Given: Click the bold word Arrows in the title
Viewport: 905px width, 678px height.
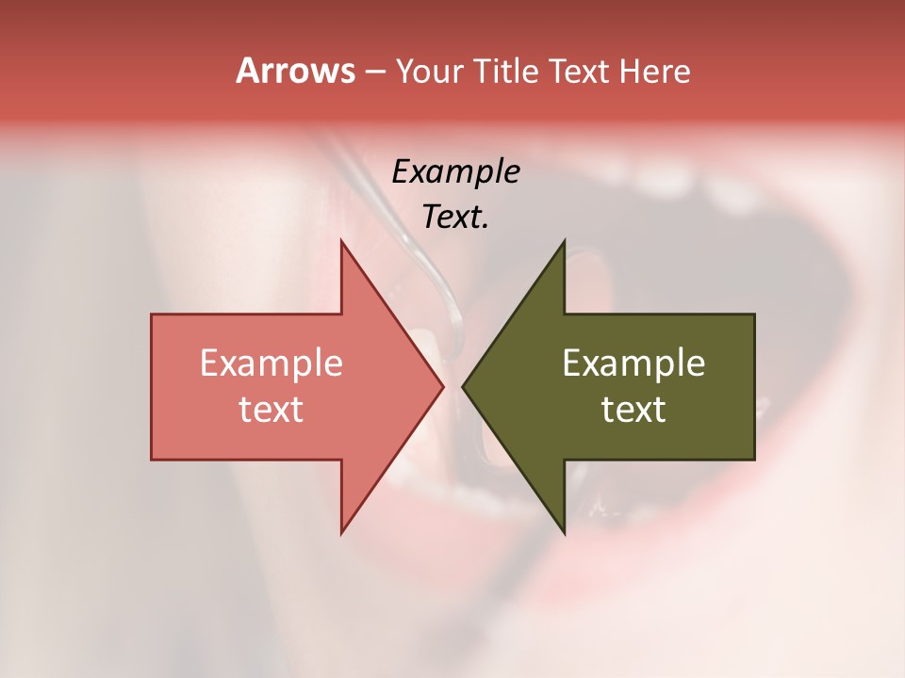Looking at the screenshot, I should click(x=295, y=71).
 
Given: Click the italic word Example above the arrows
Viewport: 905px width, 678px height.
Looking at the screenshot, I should click(x=455, y=172).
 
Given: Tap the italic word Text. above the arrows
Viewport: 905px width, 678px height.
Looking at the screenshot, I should click(x=455, y=218).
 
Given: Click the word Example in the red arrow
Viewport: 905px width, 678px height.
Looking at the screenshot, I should click(x=271, y=363).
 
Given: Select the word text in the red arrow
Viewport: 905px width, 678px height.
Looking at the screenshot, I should click(x=271, y=410).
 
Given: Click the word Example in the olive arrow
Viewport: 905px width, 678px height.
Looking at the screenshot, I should click(x=633, y=363).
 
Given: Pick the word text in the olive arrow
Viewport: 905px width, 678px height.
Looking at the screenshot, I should click(x=633, y=410).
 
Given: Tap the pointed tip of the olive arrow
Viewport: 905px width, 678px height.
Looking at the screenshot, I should click(x=464, y=386).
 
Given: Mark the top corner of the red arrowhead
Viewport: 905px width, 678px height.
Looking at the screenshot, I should click(x=341, y=243).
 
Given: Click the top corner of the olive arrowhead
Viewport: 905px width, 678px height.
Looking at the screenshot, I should click(x=564, y=243).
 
